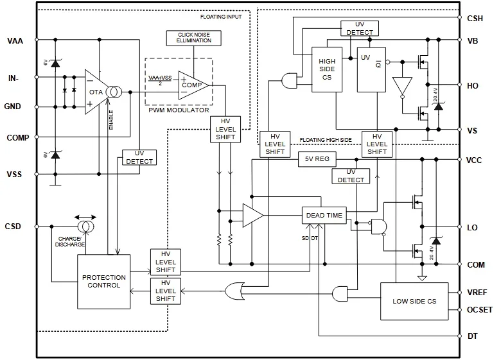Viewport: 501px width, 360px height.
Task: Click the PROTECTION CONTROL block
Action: point(103,281)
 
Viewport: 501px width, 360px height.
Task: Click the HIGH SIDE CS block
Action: point(328,69)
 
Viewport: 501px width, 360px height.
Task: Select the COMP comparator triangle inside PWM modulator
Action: point(193,84)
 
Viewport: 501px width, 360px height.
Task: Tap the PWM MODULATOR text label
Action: point(178,110)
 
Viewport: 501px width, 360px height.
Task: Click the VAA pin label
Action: point(15,41)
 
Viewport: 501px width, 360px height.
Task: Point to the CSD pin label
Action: point(13,226)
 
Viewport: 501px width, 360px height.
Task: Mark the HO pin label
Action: point(472,85)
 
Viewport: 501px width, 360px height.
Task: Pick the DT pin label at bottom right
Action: point(472,336)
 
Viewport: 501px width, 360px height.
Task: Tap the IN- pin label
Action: point(13,78)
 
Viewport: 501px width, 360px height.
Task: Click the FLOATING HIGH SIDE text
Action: point(326,139)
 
